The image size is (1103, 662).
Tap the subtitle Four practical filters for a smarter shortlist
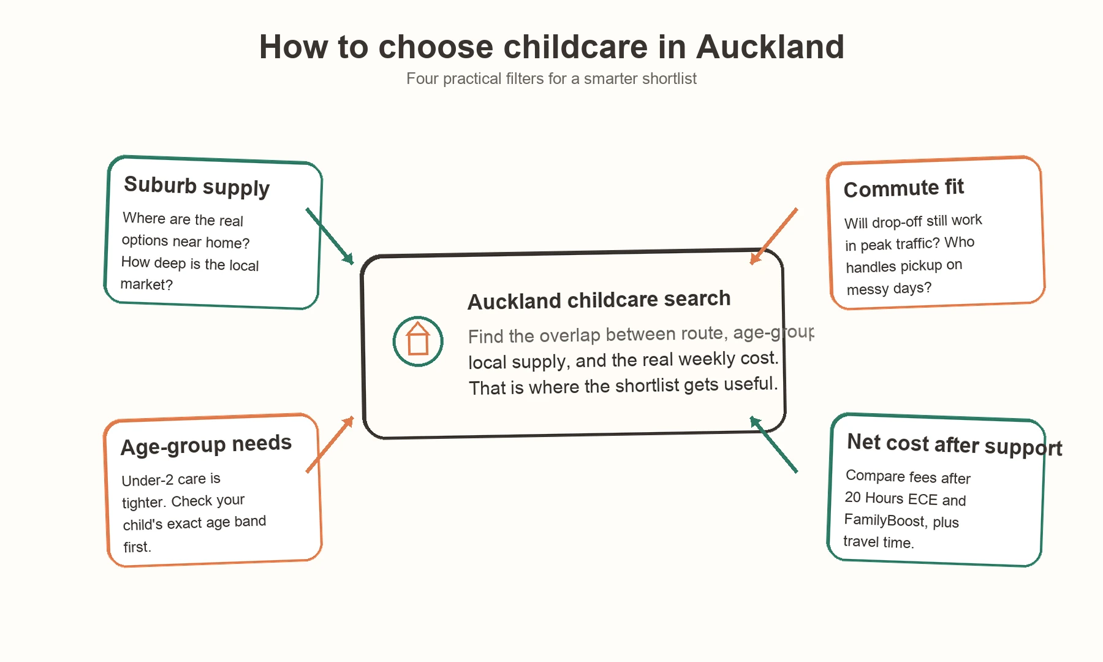[551, 79]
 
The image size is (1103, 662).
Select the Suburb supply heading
[197, 186]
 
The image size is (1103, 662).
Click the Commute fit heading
[903, 188]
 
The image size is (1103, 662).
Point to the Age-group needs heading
[206, 445]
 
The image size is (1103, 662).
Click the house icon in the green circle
[418, 341]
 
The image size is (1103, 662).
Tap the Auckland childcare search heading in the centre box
[599, 300]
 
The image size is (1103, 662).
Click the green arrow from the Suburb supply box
[330, 236]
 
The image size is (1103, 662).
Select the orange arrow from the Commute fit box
[774, 236]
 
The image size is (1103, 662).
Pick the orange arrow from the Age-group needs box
[330, 445]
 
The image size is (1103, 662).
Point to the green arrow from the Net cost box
[774, 445]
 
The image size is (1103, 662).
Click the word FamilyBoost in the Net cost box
[884, 520]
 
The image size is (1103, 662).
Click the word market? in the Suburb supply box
[146, 284]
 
